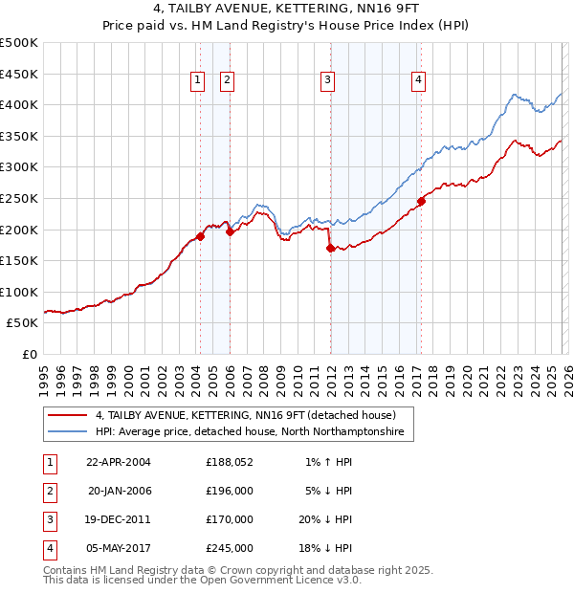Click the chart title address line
coord(286,9)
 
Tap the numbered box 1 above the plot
coord(197,81)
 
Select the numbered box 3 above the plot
coord(327,81)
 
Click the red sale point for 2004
coord(200,236)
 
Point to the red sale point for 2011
coord(330,248)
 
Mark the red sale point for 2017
coord(421,201)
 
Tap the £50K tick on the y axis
coord(23,323)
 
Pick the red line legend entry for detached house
coord(239,416)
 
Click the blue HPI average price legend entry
coord(249,432)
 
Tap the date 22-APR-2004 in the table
coord(119,462)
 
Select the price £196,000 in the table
coord(230,491)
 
